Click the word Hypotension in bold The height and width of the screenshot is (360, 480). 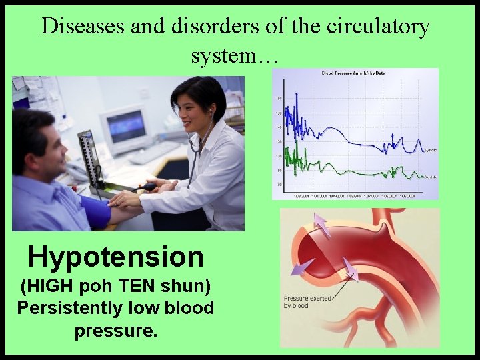[x=115, y=256]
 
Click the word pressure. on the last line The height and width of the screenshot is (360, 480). [x=116, y=330]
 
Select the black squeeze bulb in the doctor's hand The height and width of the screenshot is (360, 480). [x=148, y=187]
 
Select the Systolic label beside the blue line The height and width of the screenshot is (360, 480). [x=431, y=151]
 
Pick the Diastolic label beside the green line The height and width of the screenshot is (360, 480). [x=431, y=177]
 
